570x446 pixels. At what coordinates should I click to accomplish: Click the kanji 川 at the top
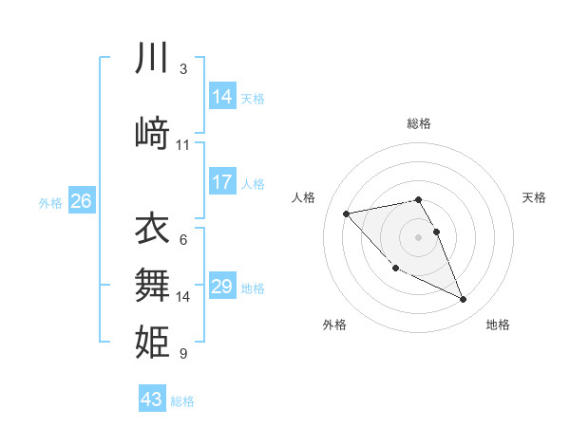152,59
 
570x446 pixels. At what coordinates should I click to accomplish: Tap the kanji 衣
152,229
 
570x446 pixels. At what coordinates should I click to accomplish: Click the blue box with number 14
222,97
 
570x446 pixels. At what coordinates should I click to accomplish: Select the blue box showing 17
222,182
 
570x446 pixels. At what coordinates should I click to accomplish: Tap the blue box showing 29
222,287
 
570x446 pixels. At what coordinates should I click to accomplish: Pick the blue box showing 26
81,201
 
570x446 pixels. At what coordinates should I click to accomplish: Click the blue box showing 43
152,400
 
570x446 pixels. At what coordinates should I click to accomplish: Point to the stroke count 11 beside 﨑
183,145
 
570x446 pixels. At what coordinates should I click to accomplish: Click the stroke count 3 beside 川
182,69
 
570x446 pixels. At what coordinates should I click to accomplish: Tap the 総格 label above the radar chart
418,123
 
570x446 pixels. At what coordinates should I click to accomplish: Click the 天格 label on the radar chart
534,197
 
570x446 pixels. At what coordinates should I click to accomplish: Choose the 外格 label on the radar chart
334,325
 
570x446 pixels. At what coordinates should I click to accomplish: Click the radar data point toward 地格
464,300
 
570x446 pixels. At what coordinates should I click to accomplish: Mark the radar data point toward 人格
346,213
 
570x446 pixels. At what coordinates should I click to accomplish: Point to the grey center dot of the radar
418,236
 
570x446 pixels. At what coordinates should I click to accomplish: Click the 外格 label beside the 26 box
50,202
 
